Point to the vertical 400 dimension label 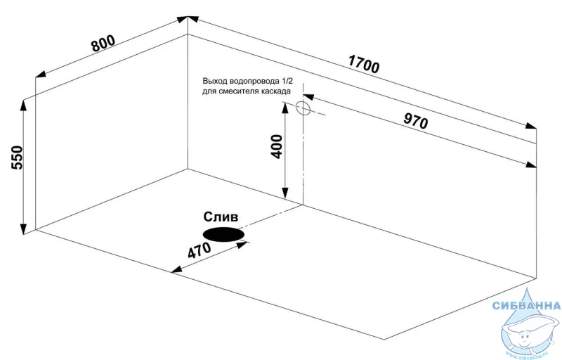tap(276, 146)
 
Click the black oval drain tap(223, 233)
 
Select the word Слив tap(221, 217)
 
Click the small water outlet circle tap(303, 108)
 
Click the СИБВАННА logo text tap(526, 306)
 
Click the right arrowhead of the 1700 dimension tap(532, 127)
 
